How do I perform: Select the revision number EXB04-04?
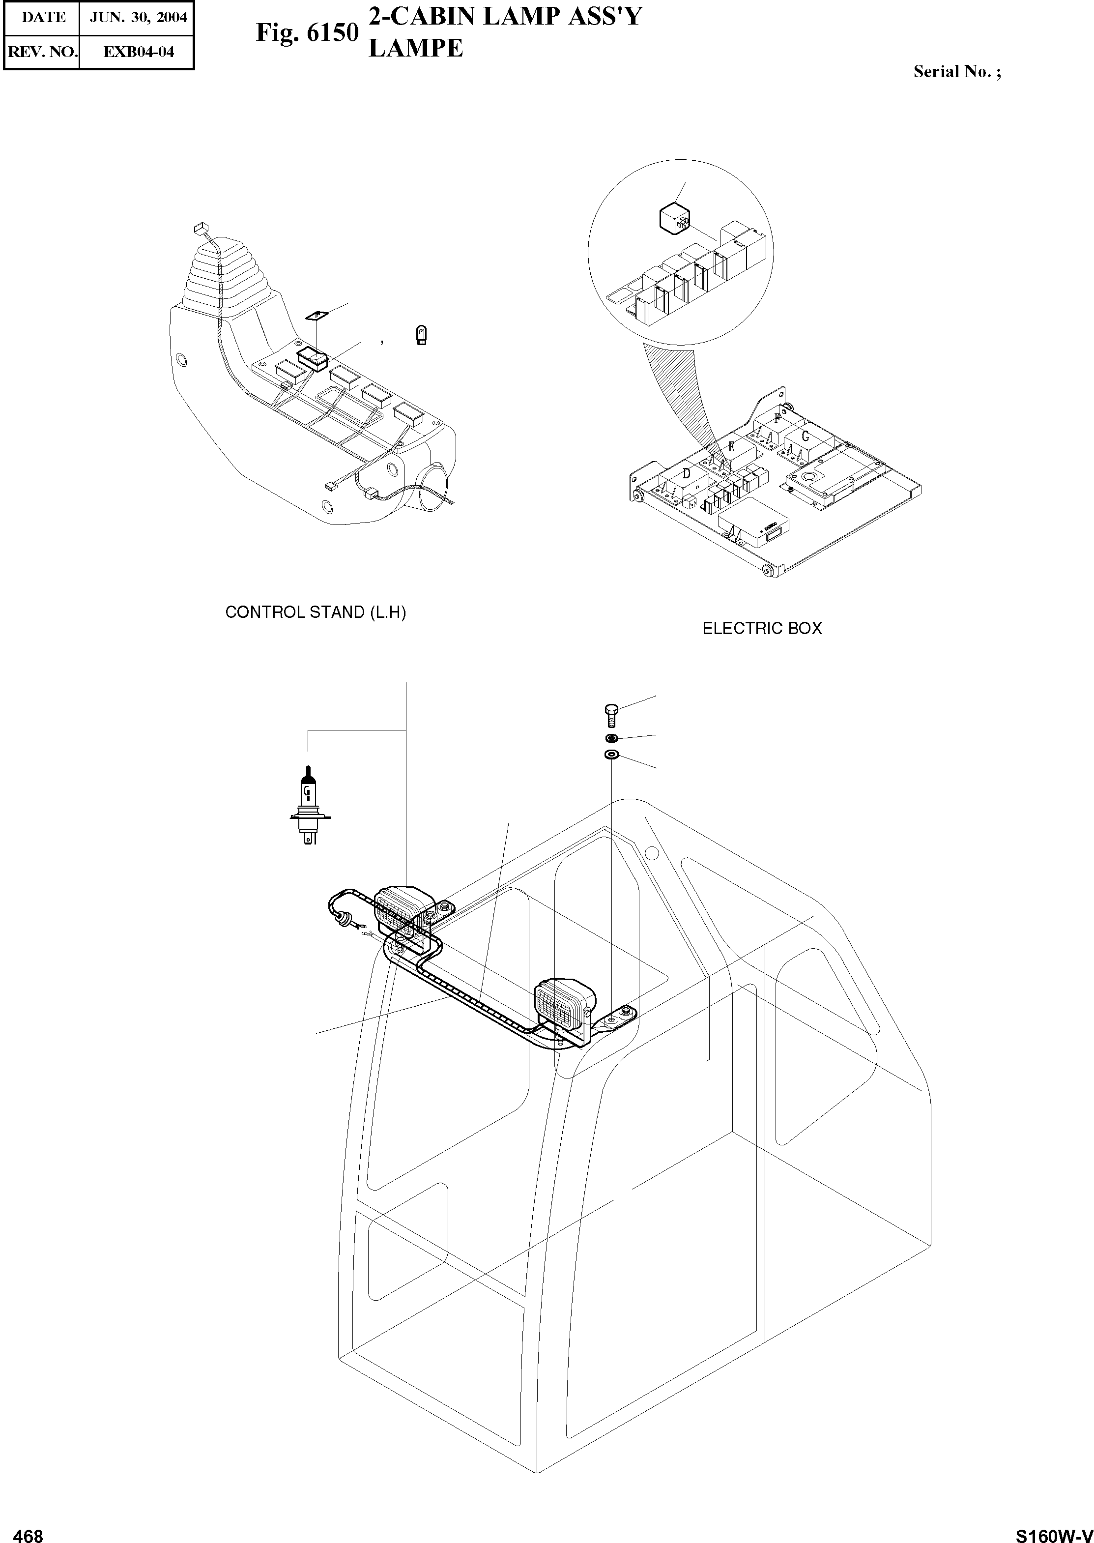click(138, 52)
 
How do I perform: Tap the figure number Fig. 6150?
click(307, 32)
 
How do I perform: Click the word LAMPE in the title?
click(416, 49)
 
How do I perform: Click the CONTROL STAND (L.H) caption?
click(315, 612)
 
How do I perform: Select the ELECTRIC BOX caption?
click(762, 629)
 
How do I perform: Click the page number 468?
click(29, 1531)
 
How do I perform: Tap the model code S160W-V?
click(1054, 1531)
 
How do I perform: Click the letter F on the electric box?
click(778, 418)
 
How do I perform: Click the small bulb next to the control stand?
click(421, 335)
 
